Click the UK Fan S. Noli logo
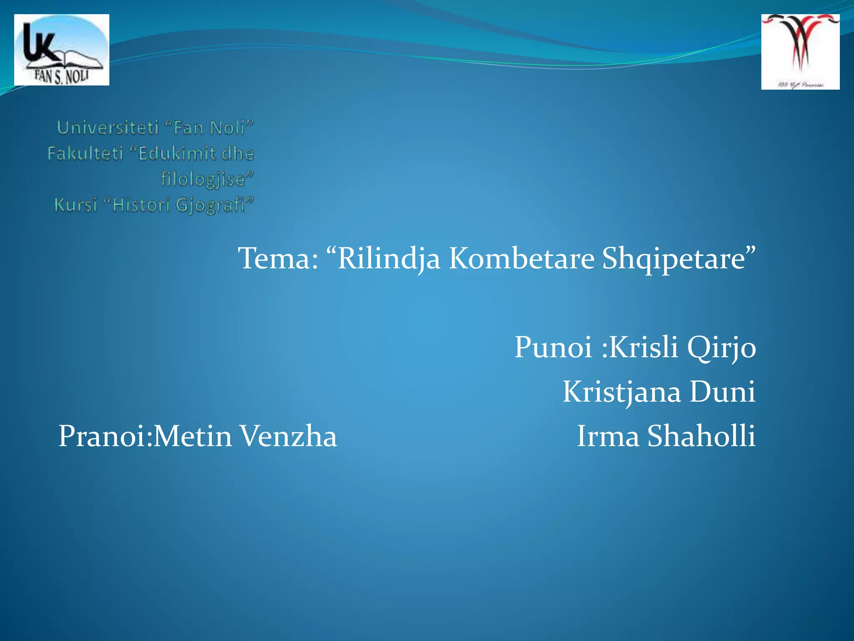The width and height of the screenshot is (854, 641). (x=62, y=50)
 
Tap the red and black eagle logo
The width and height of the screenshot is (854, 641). (x=800, y=52)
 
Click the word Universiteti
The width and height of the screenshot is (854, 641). (x=108, y=128)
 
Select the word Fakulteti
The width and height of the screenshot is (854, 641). (x=85, y=154)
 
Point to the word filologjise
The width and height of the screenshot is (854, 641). (x=203, y=179)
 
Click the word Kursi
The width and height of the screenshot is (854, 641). (x=75, y=205)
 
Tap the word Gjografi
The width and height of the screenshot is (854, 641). (x=210, y=205)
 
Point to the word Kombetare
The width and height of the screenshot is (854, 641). (x=521, y=259)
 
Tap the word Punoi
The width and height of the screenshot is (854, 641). (x=553, y=347)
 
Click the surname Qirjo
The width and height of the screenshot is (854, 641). (x=721, y=347)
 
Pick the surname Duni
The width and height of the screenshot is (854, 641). (x=722, y=392)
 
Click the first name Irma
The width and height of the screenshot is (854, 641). (x=608, y=437)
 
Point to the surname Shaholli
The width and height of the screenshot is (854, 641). (x=701, y=437)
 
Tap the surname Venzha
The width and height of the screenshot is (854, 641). (x=289, y=437)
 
